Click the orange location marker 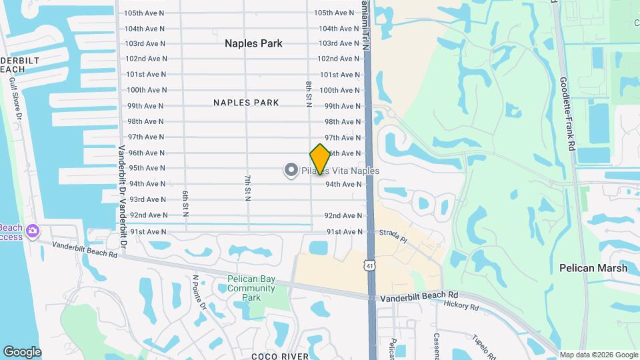[321, 159]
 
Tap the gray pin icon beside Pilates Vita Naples [291, 171]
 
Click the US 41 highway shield [369, 266]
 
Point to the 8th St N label [309, 95]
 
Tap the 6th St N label [186, 203]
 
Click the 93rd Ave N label [147, 199]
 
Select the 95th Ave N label [147, 168]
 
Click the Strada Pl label [393, 236]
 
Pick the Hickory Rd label [461, 306]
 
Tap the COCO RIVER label [280, 357]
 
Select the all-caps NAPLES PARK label [246, 103]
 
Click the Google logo [22, 352]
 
